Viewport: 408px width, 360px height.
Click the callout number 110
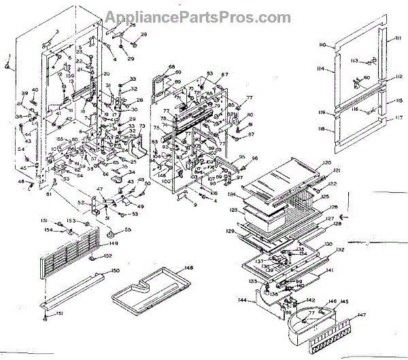[x=322, y=45]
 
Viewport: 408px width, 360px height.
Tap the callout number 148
[x=188, y=268]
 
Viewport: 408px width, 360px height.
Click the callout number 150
[x=116, y=271]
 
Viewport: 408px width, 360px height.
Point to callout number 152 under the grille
[x=107, y=256]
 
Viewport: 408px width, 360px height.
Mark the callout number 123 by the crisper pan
[x=233, y=211]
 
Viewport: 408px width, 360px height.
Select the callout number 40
[x=35, y=90]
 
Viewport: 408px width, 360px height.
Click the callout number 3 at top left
[x=57, y=32]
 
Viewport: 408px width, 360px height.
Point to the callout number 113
[x=354, y=61]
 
